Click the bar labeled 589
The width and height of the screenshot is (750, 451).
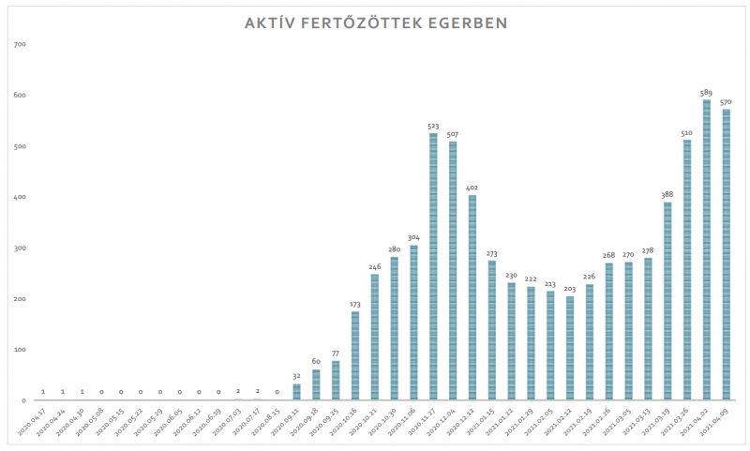click(x=706, y=249)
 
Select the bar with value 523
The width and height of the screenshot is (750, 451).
click(x=433, y=266)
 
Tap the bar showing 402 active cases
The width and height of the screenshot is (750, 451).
click(x=472, y=297)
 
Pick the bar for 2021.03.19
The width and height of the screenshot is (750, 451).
click(x=667, y=301)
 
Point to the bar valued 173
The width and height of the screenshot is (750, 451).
click(x=355, y=355)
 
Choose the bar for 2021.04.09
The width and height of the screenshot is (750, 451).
click(x=726, y=254)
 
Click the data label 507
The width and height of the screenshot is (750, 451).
click(x=453, y=134)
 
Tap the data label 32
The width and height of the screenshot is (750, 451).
click(x=296, y=376)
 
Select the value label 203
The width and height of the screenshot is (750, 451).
click(x=570, y=289)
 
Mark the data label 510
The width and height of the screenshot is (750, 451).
click(x=687, y=132)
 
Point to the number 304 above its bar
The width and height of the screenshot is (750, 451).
click(x=413, y=237)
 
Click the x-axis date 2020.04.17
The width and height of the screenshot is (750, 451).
click(x=30, y=420)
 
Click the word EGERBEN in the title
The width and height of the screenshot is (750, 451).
click(x=457, y=22)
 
